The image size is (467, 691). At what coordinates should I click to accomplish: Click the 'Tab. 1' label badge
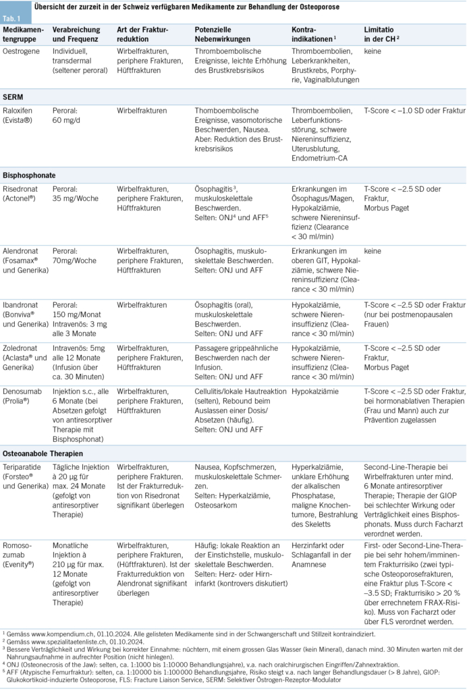pyautogui.click(x=13, y=18)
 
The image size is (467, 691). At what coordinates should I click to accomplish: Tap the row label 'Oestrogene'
pyautogui.click(x=22, y=51)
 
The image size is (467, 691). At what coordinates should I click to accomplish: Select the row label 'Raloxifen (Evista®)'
pyautogui.click(x=22, y=115)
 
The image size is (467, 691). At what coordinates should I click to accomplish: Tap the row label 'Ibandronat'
pyautogui.click(x=22, y=305)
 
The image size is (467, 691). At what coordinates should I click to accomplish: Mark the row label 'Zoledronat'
pyautogui.click(x=22, y=348)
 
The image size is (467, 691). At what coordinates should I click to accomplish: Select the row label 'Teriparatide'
pyautogui.click(x=23, y=467)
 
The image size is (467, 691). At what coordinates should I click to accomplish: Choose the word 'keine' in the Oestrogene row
pyautogui.click(x=373, y=51)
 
